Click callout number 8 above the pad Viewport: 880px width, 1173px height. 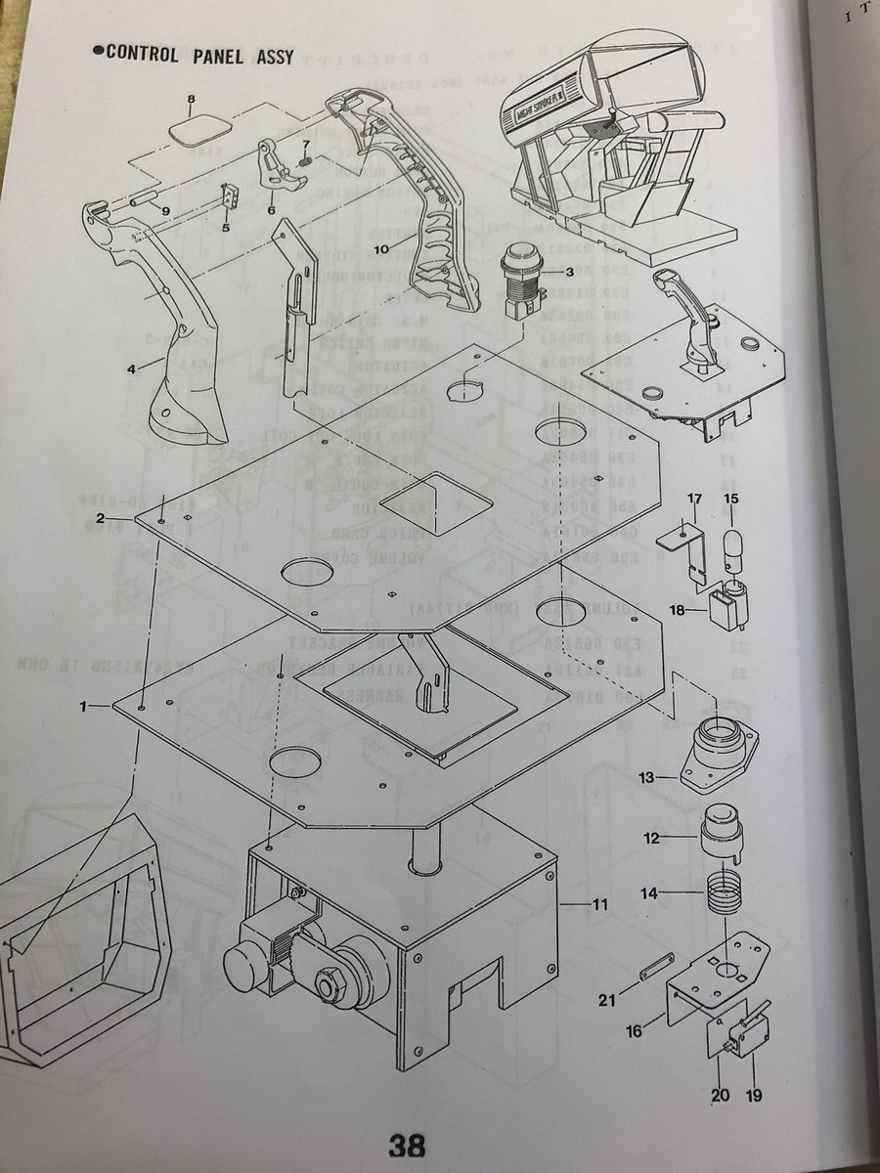point(192,100)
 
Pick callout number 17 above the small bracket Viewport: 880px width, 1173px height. point(694,500)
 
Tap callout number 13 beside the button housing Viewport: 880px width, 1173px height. point(645,779)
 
